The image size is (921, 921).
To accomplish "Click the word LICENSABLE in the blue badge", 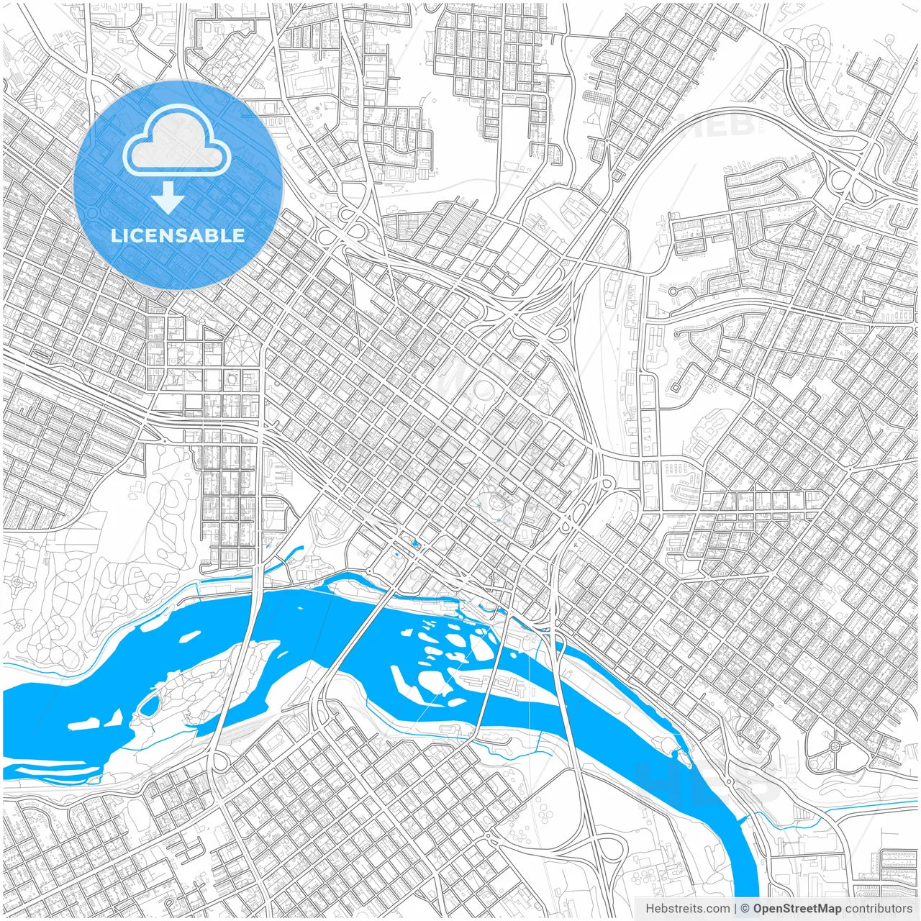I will [178, 235].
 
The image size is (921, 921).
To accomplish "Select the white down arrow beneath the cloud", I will [168, 198].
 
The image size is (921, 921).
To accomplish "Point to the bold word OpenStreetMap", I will [797, 909].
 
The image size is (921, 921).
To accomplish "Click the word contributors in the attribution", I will [879, 909].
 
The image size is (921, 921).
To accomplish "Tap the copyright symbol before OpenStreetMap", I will [745, 909].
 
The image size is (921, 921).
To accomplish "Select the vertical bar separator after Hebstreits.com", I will [736, 909].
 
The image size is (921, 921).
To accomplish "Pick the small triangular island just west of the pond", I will [115, 717].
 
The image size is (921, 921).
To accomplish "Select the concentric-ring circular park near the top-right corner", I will [815, 42].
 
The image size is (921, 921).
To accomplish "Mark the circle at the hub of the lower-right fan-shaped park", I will [835, 747].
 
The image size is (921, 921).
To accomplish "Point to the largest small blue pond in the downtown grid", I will [414, 544].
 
